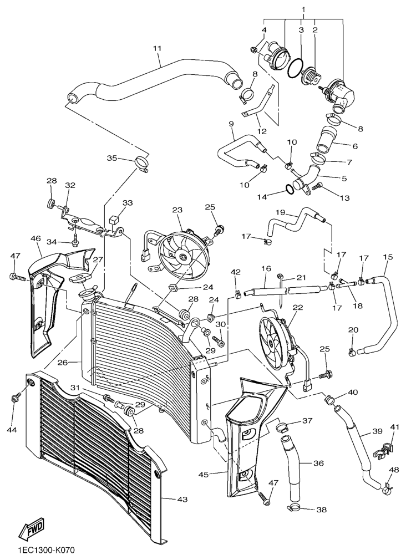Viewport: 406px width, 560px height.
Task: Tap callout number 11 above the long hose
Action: [x=158, y=49]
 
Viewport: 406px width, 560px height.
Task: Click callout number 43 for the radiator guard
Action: [x=182, y=499]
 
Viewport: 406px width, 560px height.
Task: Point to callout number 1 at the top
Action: [x=303, y=9]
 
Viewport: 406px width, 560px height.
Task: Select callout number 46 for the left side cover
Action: [x=36, y=238]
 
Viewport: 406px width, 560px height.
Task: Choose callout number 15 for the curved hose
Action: [x=388, y=257]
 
